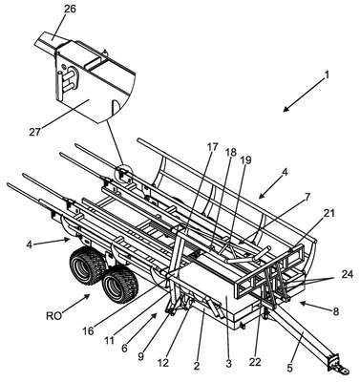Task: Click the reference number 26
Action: pyautogui.click(x=70, y=9)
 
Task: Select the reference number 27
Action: pyautogui.click(x=35, y=132)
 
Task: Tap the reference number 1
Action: pyautogui.click(x=327, y=75)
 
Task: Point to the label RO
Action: pyautogui.click(x=54, y=316)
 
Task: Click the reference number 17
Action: pyautogui.click(x=212, y=147)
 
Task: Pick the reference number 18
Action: pyautogui.click(x=231, y=153)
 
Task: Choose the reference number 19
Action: pyautogui.click(x=245, y=159)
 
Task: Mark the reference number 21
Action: pyautogui.click(x=328, y=213)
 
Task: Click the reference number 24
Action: pyautogui.click(x=347, y=274)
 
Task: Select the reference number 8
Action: pyautogui.click(x=335, y=311)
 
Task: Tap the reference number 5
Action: pyautogui.click(x=289, y=368)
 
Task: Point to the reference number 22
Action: pyautogui.click(x=255, y=362)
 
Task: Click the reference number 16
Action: pyautogui.click(x=88, y=331)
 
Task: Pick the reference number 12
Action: pyautogui.click(x=163, y=363)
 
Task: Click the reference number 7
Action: pyautogui.click(x=307, y=197)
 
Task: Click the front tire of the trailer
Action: pyautogui.click(x=121, y=284)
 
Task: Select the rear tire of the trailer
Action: pyautogui.click(x=88, y=265)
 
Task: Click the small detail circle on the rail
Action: pyautogui.click(x=123, y=174)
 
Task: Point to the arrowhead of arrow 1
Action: pyautogui.click(x=286, y=108)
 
